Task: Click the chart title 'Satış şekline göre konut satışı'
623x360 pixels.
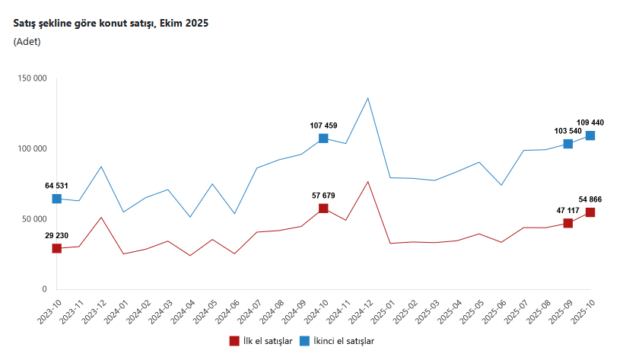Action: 110,24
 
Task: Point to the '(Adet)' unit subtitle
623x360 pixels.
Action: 27,42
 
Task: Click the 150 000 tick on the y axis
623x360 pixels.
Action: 30,78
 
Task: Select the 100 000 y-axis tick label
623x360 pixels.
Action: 30,149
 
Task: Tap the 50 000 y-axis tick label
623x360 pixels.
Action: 33,219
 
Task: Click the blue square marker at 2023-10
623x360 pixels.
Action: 56,199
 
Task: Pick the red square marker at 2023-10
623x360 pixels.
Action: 56,248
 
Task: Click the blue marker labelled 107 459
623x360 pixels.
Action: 323,139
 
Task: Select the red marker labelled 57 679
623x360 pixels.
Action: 323,209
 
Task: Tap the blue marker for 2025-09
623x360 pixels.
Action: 567,144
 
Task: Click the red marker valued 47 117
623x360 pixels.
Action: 567,223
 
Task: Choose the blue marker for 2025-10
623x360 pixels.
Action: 590,135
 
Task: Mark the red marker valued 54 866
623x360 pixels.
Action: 590,212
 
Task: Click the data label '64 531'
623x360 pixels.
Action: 57,185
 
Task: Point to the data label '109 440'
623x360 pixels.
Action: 590,123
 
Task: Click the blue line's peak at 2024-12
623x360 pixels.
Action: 367,98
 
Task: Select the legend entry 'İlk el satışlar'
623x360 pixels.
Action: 261,341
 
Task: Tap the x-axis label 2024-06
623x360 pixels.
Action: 226,311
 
